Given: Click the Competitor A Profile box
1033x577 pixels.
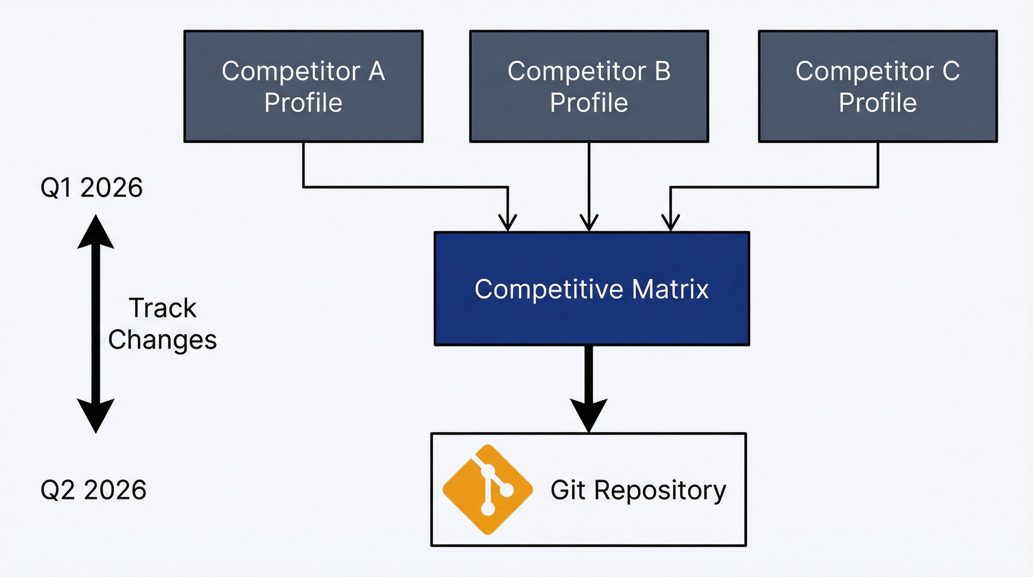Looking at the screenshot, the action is click(x=303, y=86).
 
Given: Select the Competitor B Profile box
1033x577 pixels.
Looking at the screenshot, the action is click(x=589, y=86).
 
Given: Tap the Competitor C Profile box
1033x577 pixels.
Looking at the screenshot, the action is click(x=878, y=86).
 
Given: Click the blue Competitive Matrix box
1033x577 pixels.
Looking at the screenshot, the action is click(x=592, y=288).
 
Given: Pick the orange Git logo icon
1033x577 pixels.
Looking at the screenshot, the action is click(x=488, y=489).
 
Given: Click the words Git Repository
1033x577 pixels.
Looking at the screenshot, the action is click(x=638, y=490).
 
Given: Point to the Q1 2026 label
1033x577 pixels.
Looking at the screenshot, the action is click(x=91, y=188).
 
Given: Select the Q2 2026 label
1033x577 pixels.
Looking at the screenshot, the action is click(x=93, y=490).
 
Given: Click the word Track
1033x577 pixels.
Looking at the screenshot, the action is click(x=162, y=308).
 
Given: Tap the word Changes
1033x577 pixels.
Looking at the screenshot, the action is click(x=162, y=340).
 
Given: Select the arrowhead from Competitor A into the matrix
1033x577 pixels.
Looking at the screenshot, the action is click(x=507, y=223).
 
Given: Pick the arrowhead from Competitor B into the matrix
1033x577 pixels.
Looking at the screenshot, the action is click(x=589, y=223).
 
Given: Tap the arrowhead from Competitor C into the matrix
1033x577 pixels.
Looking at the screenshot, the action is click(x=670, y=223).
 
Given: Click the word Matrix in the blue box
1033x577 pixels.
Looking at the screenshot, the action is click(x=670, y=289).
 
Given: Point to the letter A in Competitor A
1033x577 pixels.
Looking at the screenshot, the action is click(x=377, y=71).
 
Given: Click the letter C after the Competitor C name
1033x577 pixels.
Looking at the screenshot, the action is click(x=951, y=71).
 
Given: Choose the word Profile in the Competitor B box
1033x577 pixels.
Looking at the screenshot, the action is click(x=589, y=102).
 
